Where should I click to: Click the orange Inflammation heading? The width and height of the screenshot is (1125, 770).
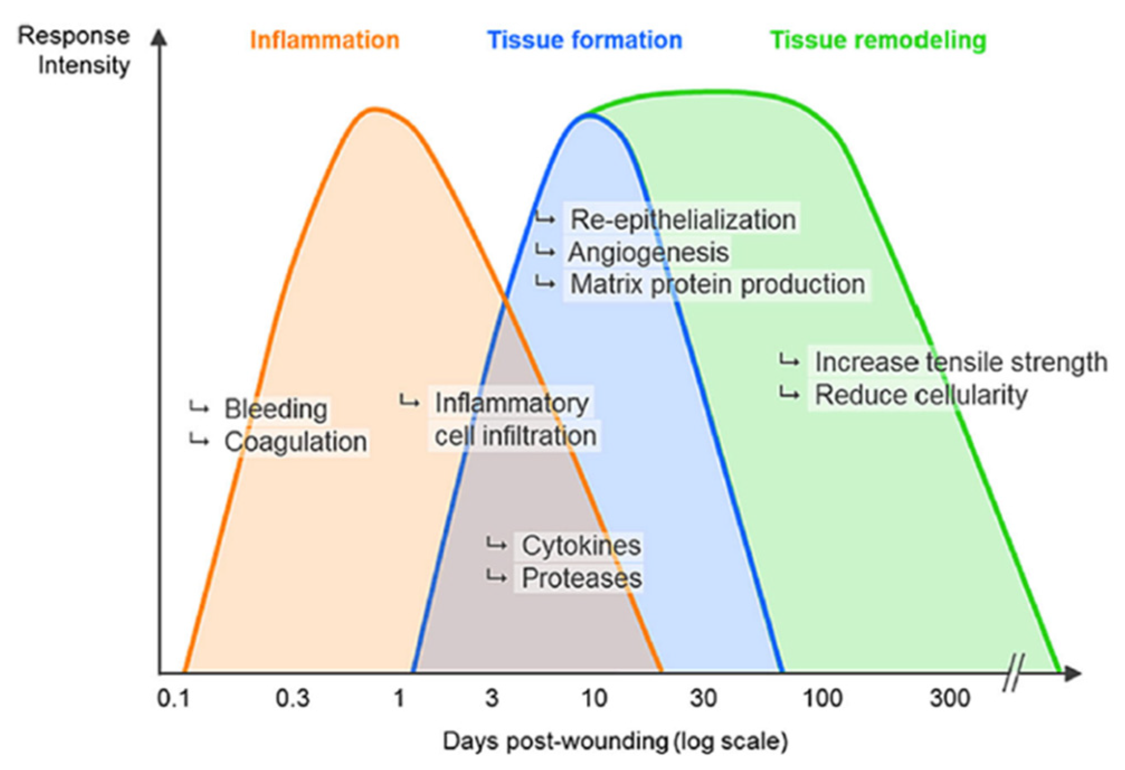click(324, 41)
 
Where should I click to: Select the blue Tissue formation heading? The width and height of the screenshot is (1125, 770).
click(585, 41)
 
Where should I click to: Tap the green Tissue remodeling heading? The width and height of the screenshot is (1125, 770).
click(878, 41)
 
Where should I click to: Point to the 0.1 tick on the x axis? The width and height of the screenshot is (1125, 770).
click(174, 698)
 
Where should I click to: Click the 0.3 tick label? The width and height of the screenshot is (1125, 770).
click(292, 698)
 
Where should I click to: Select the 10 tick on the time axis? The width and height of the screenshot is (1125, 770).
click(594, 698)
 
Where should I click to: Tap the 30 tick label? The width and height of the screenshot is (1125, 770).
click(703, 698)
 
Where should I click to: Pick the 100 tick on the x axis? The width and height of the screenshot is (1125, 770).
click(822, 698)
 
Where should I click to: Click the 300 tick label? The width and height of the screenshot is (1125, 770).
click(950, 698)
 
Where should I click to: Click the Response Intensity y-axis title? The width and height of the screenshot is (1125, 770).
click(74, 50)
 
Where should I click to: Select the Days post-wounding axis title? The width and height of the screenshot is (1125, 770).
click(615, 742)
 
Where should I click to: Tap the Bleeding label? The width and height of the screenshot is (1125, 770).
click(276, 409)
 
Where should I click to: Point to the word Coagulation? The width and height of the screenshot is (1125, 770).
click(296, 442)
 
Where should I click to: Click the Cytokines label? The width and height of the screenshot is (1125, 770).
click(581, 545)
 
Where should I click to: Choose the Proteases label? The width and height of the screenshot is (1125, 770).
click(581, 578)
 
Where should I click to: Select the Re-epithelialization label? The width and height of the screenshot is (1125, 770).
click(683, 219)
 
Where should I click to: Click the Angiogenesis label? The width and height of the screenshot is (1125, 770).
click(648, 252)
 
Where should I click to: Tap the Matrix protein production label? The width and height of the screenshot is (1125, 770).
click(718, 284)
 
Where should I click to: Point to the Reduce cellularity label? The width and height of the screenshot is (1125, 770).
click(921, 395)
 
